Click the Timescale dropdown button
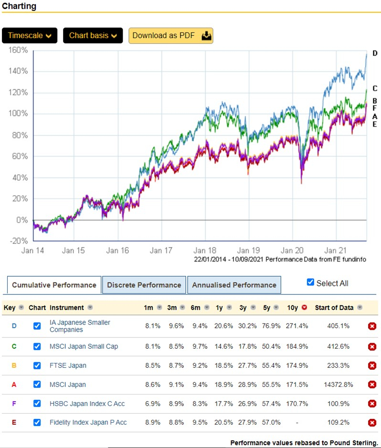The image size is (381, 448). [x=30, y=36]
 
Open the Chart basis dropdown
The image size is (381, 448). [x=93, y=36]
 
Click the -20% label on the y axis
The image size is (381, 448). [x=19, y=241]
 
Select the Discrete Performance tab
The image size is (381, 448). [x=144, y=285]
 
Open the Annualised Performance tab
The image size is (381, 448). [x=234, y=285]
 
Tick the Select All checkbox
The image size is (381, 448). [x=311, y=282]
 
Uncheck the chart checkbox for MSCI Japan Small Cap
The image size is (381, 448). [x=37, y=346]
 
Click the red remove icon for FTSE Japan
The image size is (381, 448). [x=372, y=365]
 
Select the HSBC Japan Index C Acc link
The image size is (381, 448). [x=87, y=404]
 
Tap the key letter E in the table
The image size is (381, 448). [x=14, y=422]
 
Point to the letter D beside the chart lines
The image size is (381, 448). [x=375, y=53]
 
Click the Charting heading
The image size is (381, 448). [x=19, y=6]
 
